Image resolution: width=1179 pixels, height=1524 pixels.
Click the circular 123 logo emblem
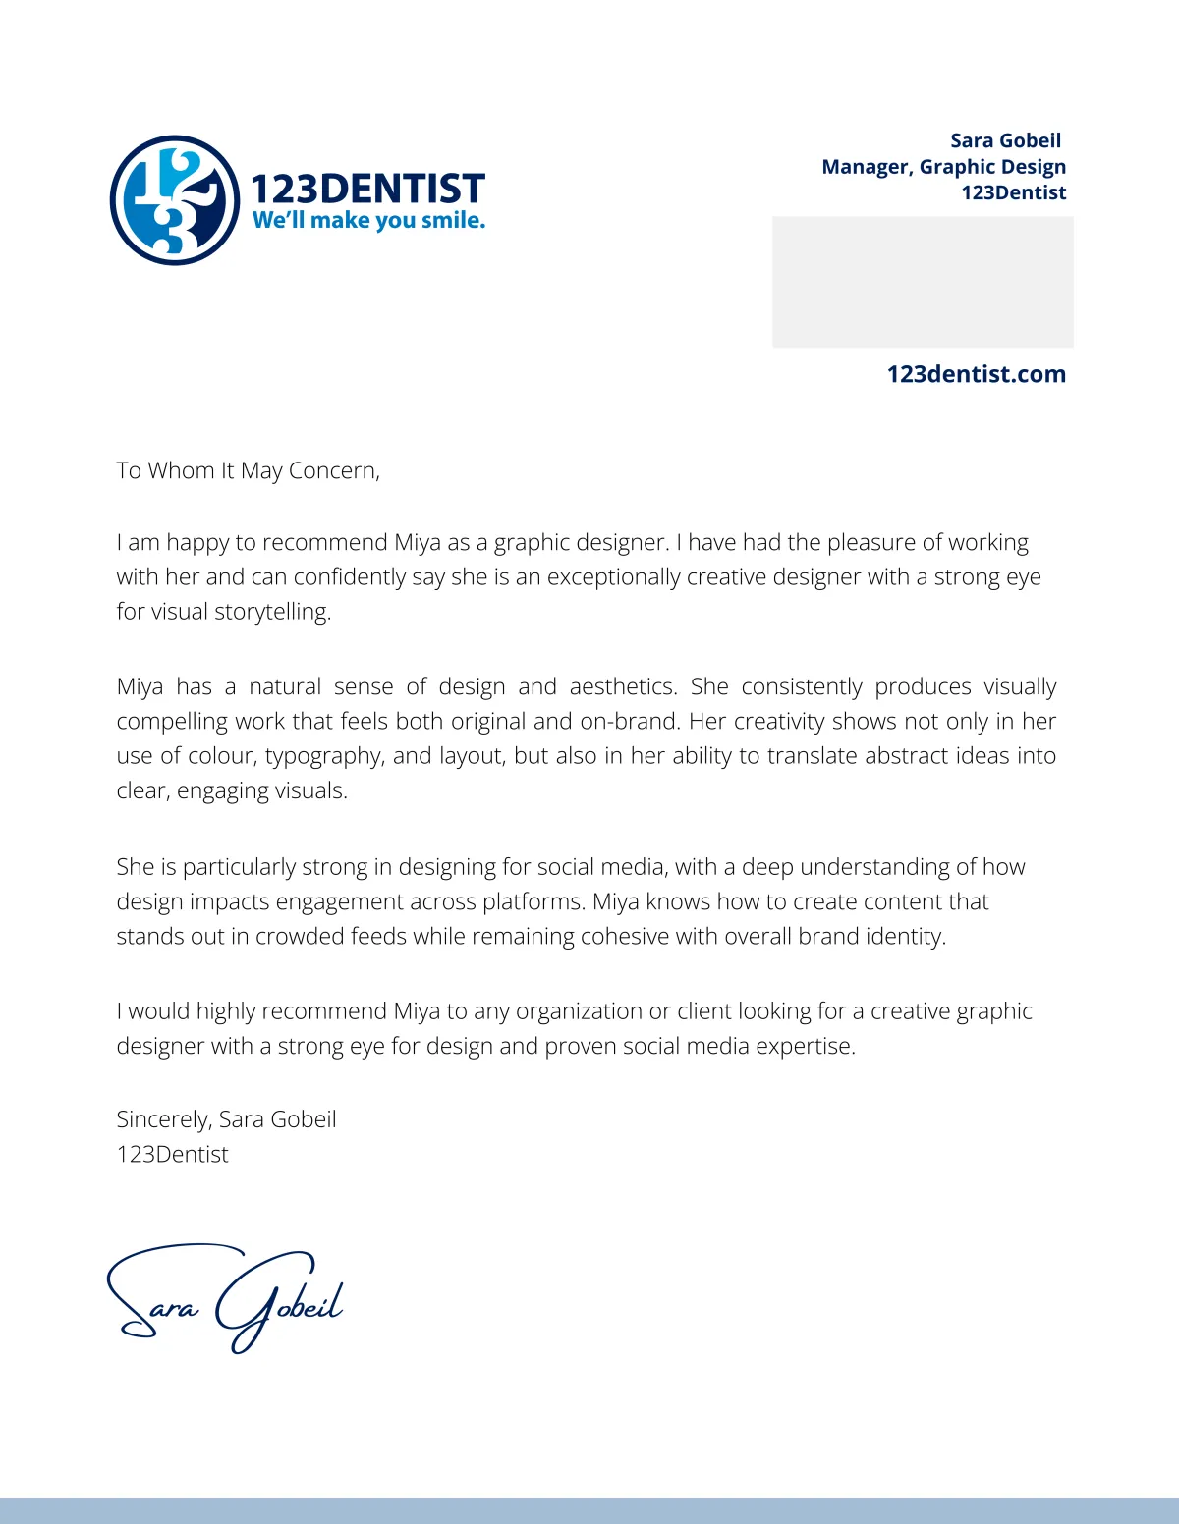click(x=175, y=200)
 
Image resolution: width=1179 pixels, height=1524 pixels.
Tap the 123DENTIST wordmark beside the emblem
click(x=367, y=188)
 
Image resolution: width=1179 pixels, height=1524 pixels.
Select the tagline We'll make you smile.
click(x=368, y=220)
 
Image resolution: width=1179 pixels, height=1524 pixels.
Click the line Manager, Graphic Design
click(x=943, y=167)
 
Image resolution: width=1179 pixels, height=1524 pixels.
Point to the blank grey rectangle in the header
click(x=923, y=282)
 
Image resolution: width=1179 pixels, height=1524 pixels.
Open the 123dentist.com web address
click(x=976, y=374)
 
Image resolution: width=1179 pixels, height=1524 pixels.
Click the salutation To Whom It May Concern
click(x=248, y=470)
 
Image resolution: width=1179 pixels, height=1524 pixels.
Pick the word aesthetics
click(x=623, y=686)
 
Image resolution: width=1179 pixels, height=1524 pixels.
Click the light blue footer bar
click(x=589, y=1510)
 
